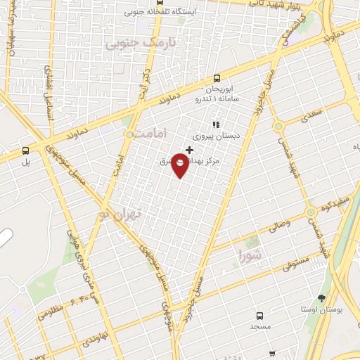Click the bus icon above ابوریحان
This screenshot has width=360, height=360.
(x=217, y=79)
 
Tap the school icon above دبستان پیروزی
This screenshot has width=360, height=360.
(x=216, y=124)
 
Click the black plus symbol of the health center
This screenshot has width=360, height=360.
(x=189, y=149)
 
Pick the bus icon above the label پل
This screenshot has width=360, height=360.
(x=26, y=150)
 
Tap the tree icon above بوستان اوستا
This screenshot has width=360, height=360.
(x=322, y=298)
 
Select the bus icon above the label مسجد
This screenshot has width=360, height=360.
(x=259, y=316)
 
